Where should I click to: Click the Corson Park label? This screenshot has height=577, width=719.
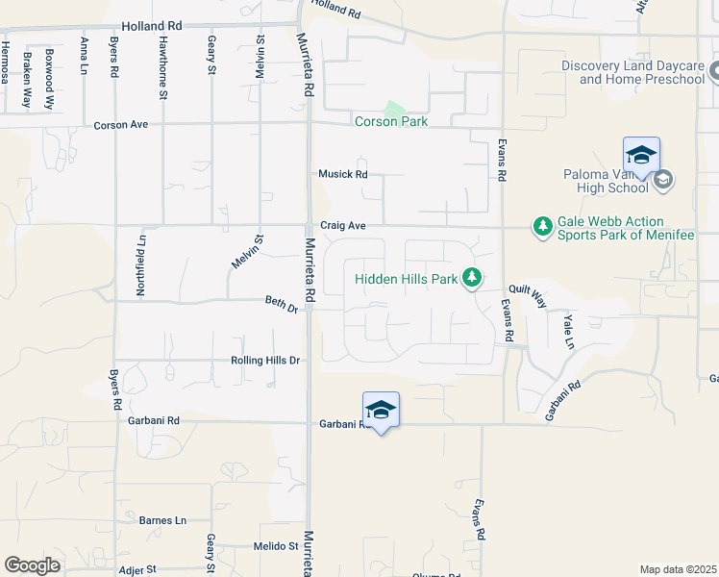pos(390,122)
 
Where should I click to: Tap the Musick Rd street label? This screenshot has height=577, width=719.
pos(343,174)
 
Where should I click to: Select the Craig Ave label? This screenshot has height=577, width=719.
pos(343,226)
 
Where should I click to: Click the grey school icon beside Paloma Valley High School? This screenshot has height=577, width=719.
pos(663,180)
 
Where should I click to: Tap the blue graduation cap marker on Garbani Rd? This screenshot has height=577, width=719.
pos(381,410)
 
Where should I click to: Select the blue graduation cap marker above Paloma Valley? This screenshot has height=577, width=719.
pos(641,154)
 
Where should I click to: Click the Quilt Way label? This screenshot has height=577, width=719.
pos(526,294)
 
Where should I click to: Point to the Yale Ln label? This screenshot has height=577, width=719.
pos(568,330)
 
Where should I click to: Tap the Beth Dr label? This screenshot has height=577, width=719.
pos(281,303)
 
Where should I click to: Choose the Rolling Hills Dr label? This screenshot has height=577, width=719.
pos(265,361)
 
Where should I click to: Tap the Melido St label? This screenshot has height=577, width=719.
pos(276,546)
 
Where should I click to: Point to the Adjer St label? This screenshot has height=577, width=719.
pos(136,570)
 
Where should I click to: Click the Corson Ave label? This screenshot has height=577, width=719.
pos(120,125)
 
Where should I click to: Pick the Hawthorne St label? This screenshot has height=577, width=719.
pos(162,67)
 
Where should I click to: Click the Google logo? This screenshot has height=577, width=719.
pos(32,566)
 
